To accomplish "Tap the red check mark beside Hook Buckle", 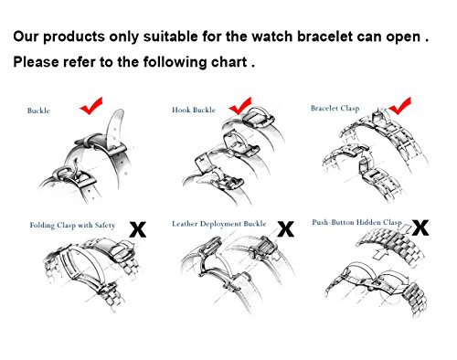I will tap(241, 111).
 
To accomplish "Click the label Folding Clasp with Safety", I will tap(67, 222).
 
